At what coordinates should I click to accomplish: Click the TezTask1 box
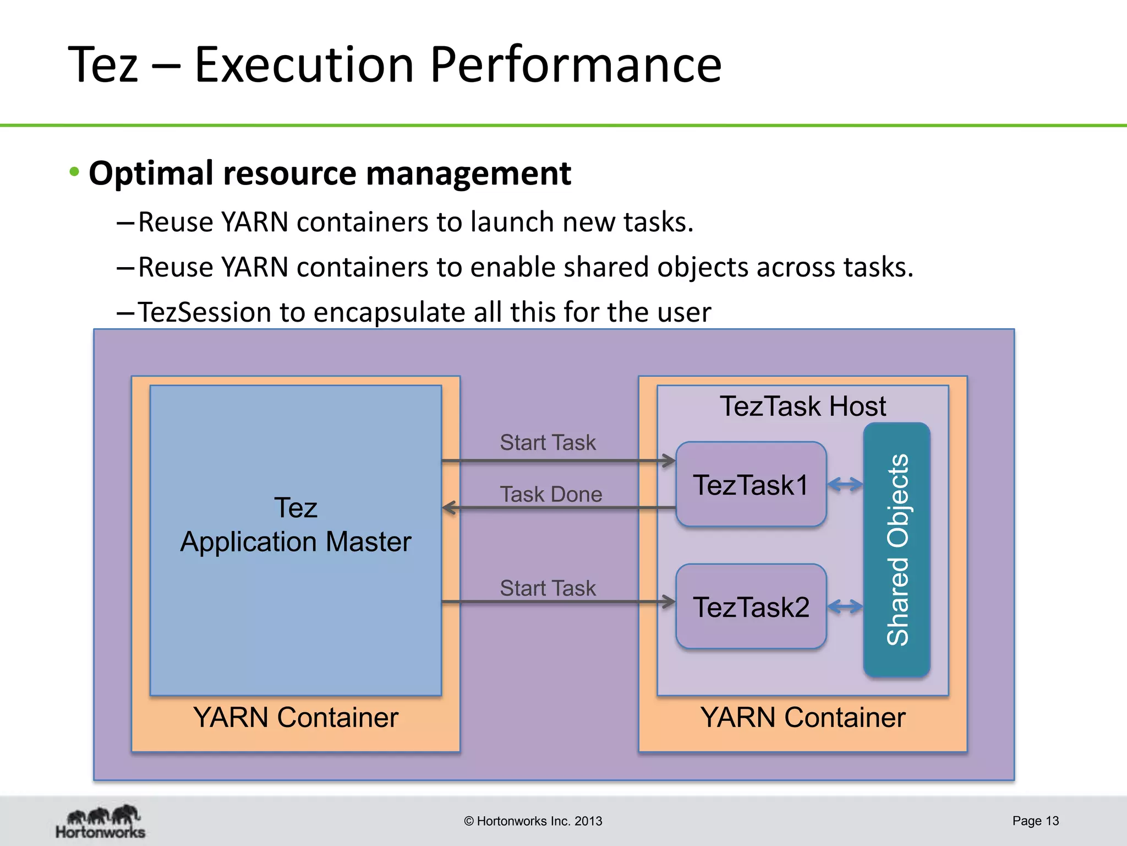751,485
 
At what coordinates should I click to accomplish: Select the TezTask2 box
751,607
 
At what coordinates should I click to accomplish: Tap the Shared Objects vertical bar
896,550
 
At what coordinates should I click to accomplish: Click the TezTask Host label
802,406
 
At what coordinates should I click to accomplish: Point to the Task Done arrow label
550,494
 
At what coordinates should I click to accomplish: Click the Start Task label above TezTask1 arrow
548,442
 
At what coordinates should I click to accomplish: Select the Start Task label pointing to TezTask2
548,588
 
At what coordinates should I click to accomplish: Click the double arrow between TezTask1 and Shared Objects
845,485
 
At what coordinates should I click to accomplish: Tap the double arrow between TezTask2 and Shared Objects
845,607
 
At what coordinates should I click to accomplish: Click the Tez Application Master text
296,525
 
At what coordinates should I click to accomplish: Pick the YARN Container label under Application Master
296,717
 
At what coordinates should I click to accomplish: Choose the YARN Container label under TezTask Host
802,717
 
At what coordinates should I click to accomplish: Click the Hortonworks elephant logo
101,821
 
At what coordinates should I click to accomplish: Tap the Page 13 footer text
1035,821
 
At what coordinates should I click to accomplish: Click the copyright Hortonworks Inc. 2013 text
533,821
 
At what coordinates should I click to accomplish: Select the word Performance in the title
575,65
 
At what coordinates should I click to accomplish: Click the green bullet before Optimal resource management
74,172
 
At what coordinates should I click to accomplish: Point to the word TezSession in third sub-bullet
204,312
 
